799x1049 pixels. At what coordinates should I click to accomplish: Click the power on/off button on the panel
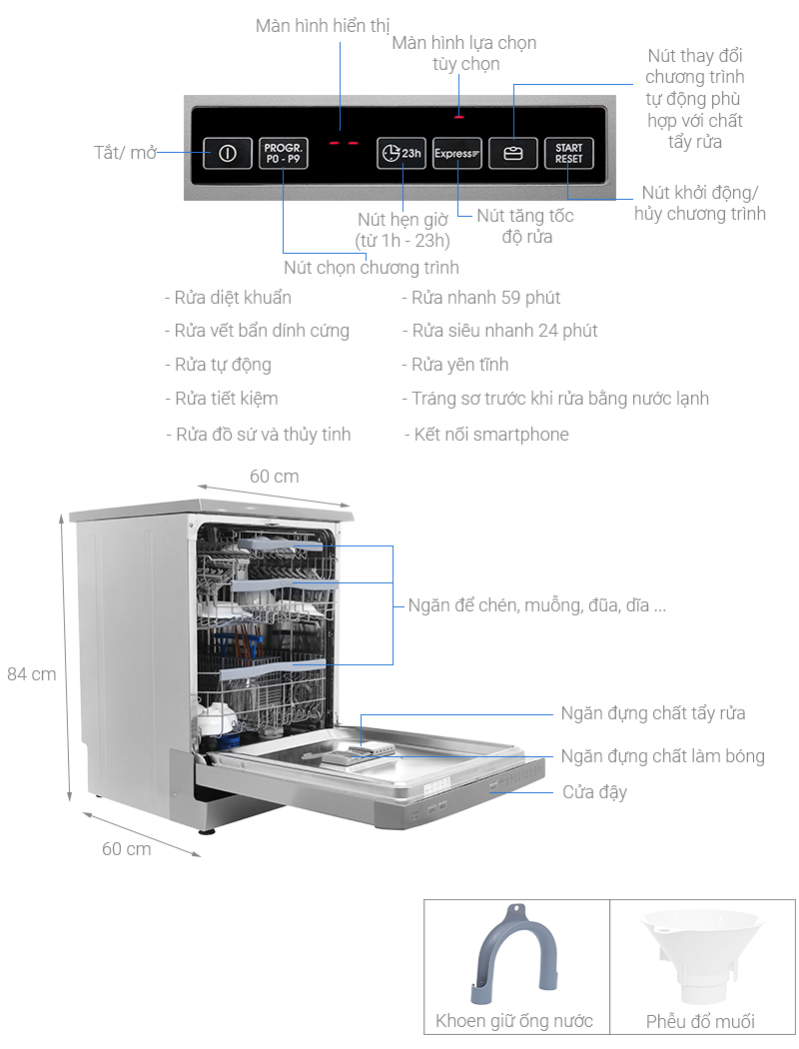click(x=227, y=153)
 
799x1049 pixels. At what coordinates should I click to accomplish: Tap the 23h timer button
click(x=401, y=153)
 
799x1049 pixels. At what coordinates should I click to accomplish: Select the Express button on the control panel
click(x=457, y=153)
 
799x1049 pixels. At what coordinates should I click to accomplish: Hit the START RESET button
click(x=568, y=153)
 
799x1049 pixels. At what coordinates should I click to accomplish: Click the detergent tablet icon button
click(x=513, y=153)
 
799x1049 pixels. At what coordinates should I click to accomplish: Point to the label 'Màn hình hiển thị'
click(x=323, y=25)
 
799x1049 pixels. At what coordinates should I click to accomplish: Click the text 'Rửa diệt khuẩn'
click(x=233, y=298)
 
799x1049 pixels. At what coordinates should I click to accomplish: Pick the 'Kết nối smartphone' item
click(x=490, y=435)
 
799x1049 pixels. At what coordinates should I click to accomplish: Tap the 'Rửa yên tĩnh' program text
click(x=459, y=365)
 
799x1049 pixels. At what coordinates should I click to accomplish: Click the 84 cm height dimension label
click(x=32, y=673)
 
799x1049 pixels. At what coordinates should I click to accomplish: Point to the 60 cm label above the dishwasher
click(x=274, y=477)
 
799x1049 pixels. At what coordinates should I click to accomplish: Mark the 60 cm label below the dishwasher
click(x=127, y=848)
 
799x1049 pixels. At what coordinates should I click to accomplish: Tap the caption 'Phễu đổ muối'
click(x=700, y=1021)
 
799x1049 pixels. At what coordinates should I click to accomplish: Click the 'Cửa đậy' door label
click(x=595, y=792)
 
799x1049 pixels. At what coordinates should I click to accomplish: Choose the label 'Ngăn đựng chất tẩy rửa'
click(x=653, y=713)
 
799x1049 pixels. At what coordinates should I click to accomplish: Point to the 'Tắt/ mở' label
click(x=125, y=153)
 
